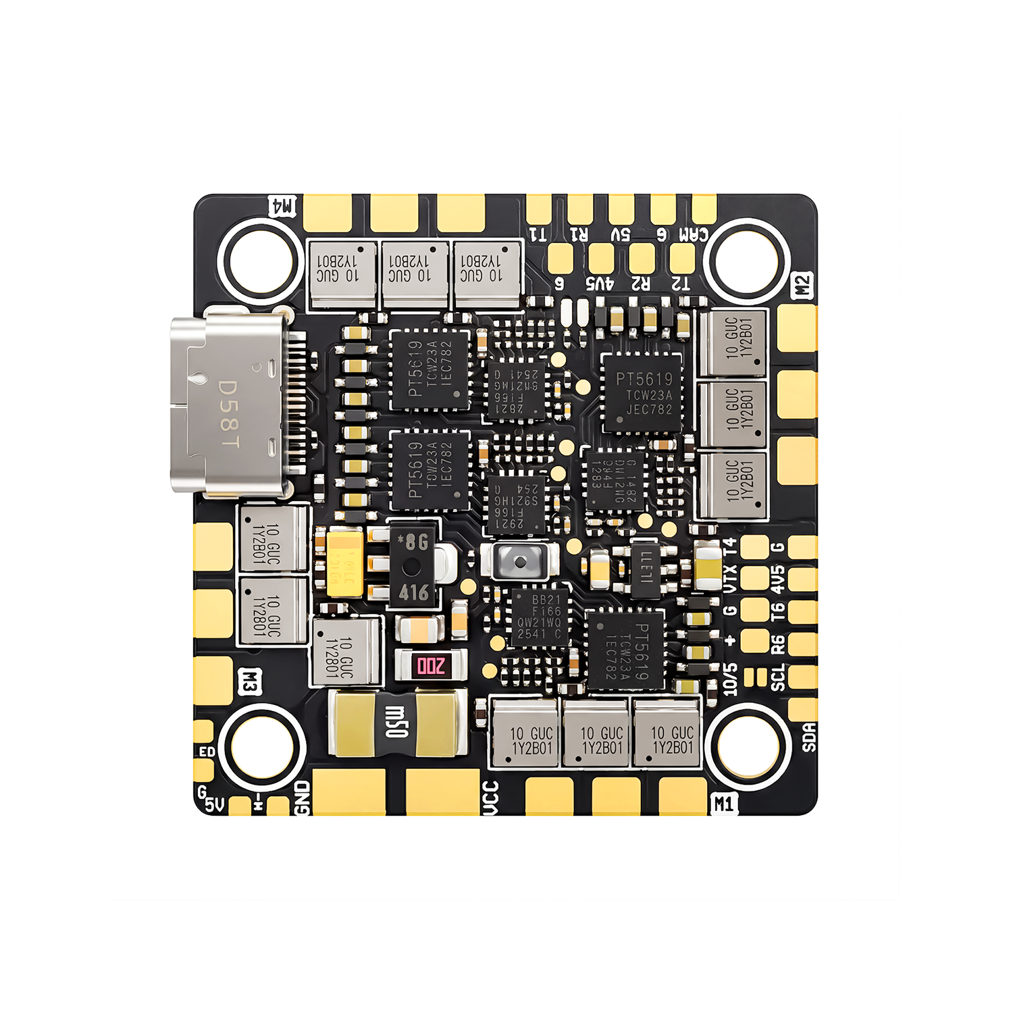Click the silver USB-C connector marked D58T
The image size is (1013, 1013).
pyautogui.click(x=230, y=405)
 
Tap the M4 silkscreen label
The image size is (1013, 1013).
pyautogui.click(x=282, y=206)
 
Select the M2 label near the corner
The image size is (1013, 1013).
pyautogui.click(x=802, y=286)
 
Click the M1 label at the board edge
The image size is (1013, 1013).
pyautogui.click(x=723, y=804)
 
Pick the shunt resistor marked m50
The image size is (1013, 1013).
pyautogui.click(x=397, y=723)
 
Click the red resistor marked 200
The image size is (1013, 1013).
pyautogui.click(x=431, y=666)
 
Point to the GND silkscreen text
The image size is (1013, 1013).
pyautogui.click(x=302, y=798)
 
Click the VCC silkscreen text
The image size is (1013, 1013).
pyautogui.click(x=491, y=798)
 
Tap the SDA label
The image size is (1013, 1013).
pyautogui.click(x=809, y=736)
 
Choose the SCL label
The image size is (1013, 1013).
pyautogui.click(x=779, y=677)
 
